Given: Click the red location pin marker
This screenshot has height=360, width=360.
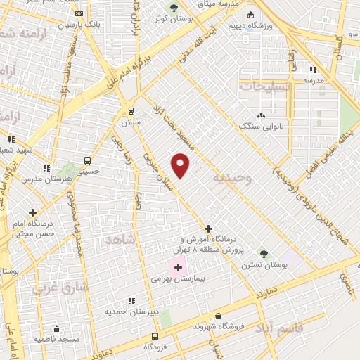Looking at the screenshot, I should click(181, 165).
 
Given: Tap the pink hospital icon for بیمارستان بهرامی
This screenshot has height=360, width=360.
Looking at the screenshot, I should click(178, 267).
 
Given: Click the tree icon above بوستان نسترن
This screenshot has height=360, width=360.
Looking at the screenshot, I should click(263, 253).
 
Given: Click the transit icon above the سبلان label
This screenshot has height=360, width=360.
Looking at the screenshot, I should click(131, 110).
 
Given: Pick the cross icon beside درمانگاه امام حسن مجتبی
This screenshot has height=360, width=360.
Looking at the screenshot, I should click(33, 212).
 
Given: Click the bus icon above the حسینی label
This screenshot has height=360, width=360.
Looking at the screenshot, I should click(88, 160).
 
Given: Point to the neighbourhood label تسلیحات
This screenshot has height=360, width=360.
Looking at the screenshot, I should click(264, 86).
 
